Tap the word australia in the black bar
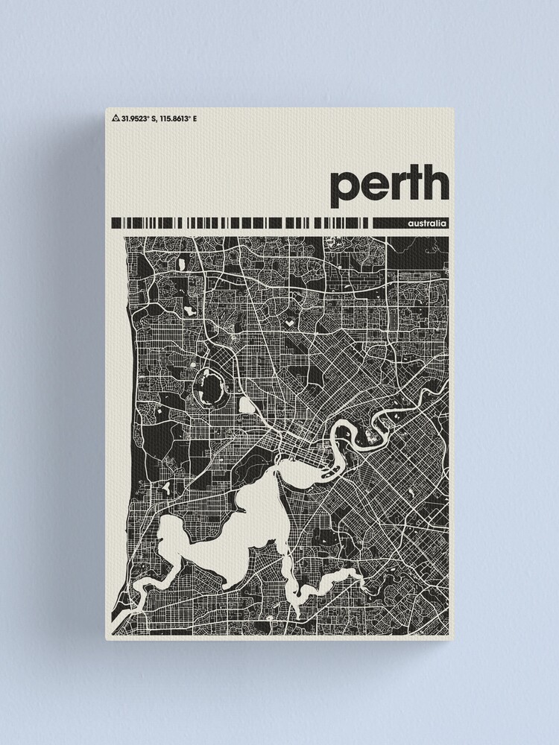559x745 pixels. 427,223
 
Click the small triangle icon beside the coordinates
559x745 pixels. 116,118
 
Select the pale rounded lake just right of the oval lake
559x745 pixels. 246,406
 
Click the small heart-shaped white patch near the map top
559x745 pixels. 288,325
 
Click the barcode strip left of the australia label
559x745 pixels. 239,223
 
